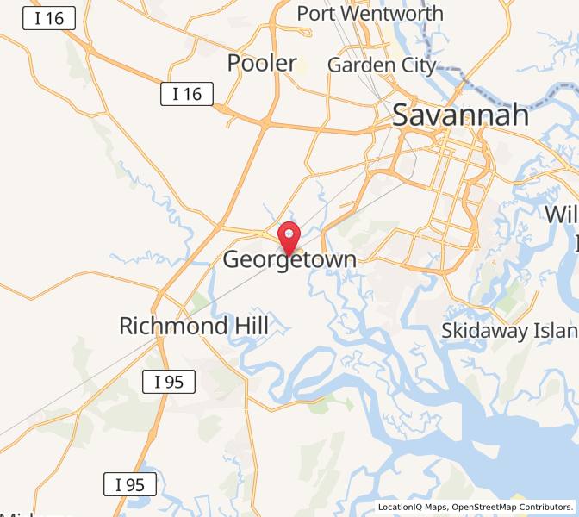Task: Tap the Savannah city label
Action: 460,115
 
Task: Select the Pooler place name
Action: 262,63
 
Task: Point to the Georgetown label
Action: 289,259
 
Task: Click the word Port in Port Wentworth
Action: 316,14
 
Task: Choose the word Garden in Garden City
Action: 358,65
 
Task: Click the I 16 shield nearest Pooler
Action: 187,94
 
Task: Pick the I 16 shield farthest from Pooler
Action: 49,18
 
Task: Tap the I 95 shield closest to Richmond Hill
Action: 168,382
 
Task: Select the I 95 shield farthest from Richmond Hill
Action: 130,485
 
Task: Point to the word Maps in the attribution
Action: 436,508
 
